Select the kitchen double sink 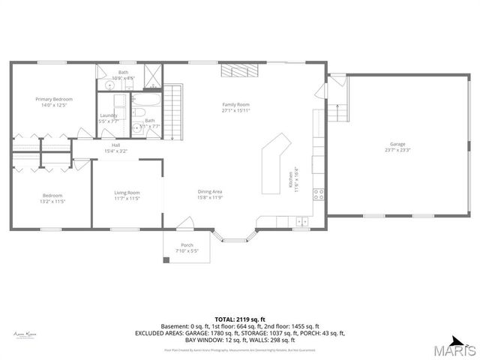(x=301, y=221)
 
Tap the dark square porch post (x=166, y=260)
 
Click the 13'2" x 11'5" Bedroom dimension (x=52, y=201)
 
